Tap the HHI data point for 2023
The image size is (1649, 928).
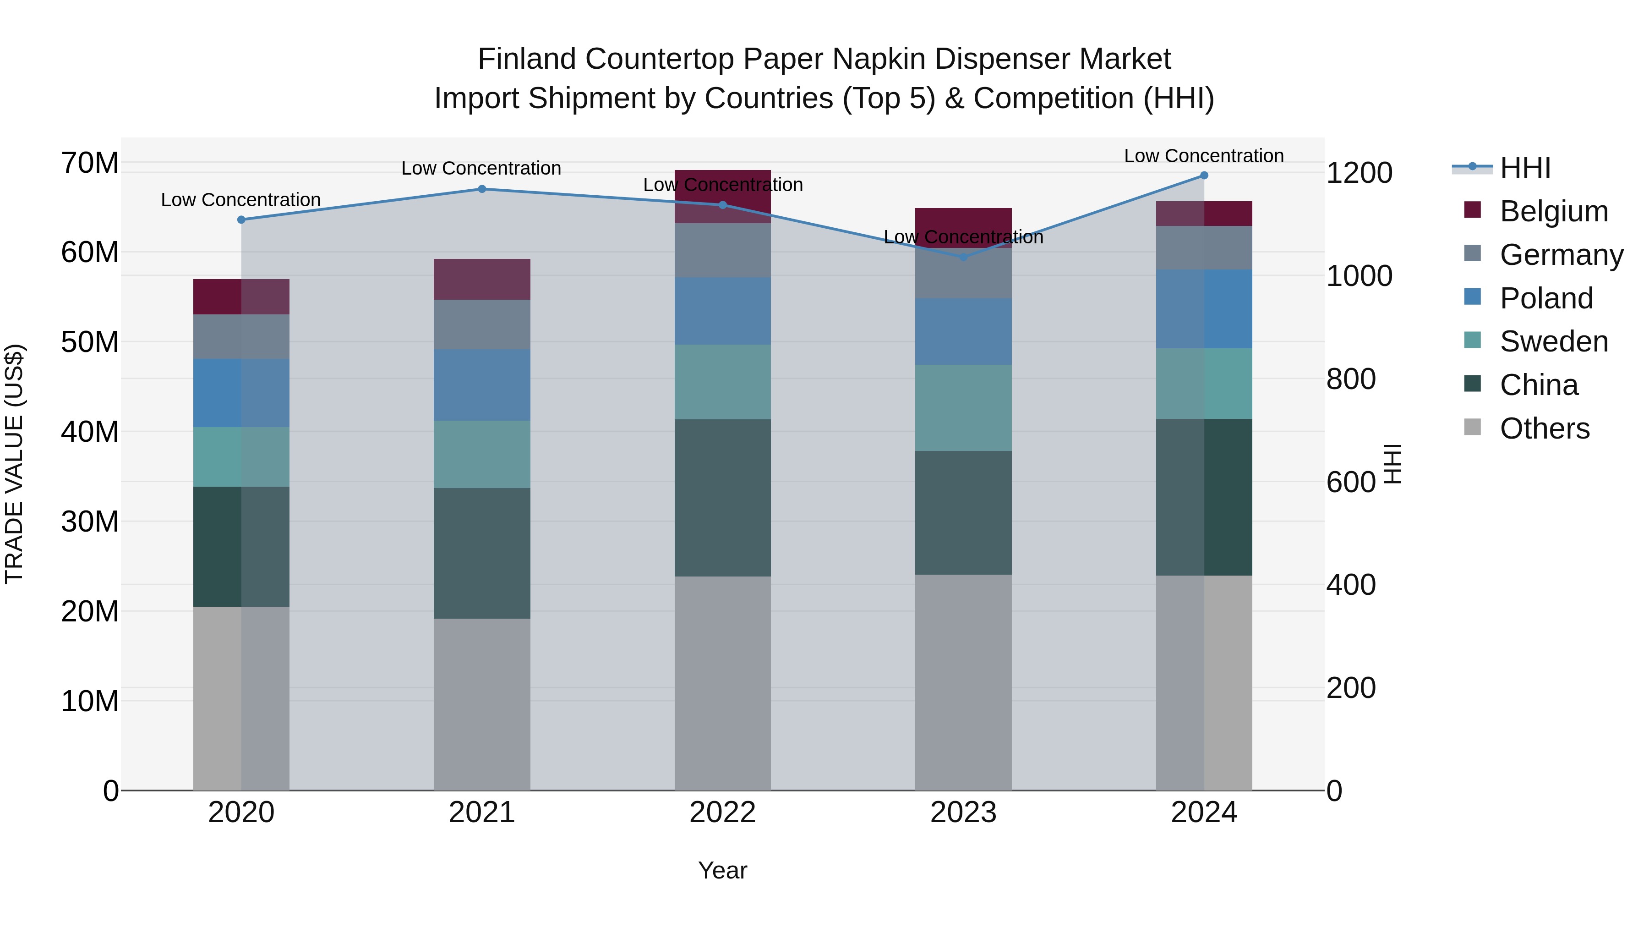click(963, 257)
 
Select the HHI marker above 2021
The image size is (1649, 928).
click(482, 189)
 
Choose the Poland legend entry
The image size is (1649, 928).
click(1546, 298)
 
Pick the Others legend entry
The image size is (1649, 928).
click(1544, 428)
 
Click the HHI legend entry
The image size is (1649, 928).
click(1525, 168)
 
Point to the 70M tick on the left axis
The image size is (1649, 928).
click(90, 163)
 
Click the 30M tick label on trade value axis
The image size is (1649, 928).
click(90, 522)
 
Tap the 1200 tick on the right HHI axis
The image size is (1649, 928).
click(1359, 173)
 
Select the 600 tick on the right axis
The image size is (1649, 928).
click(1351, 482)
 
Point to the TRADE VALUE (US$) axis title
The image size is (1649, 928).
click(14, 464)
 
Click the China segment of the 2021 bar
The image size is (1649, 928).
click(482, 553)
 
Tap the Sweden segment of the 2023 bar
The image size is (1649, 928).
click(963, 408)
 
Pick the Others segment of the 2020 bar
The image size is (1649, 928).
click(241, 698)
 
